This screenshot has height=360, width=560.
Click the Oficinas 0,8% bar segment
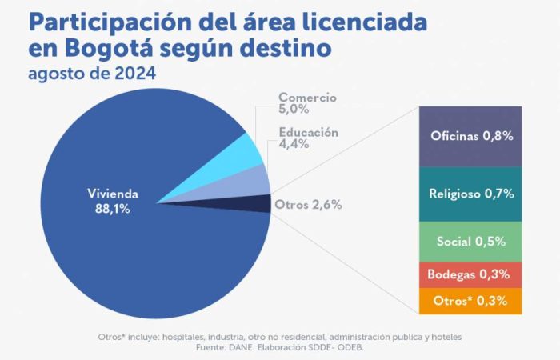(x=470, y=135)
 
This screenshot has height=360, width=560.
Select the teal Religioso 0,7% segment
(x=470, y=194)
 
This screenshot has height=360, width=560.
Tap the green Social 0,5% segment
(x=470, y=241)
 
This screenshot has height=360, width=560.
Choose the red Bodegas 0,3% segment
(x=470, y=274)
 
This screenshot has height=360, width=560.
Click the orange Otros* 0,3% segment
(x=470, y=301)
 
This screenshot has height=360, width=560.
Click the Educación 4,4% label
(x=308, y=138)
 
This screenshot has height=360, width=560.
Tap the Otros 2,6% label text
(x=308, y=205)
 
